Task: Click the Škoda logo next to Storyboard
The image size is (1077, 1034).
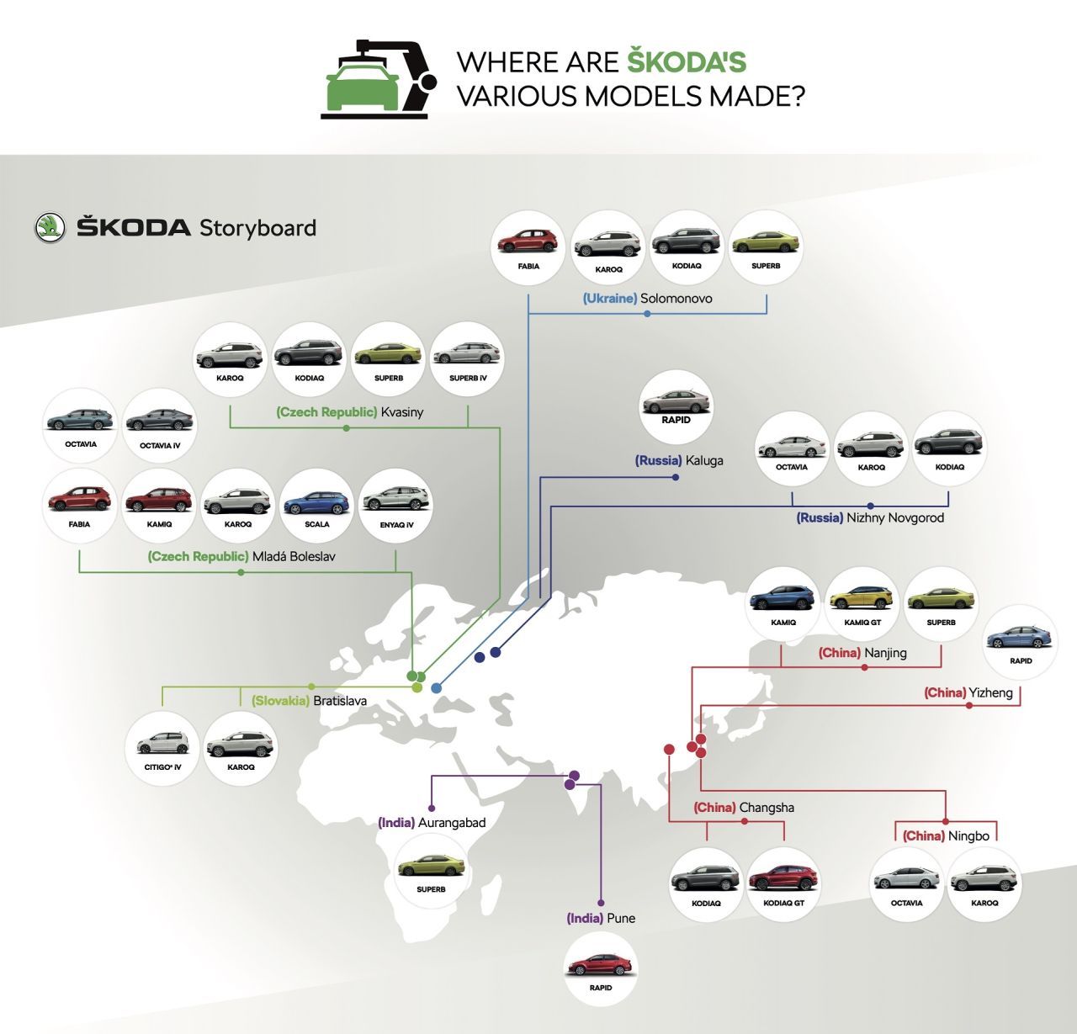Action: tap(50, 227)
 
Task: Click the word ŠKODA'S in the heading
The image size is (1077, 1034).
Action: tap(687, 61)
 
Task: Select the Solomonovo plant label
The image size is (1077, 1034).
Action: tap(648, 299)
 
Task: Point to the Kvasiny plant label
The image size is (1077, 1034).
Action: tap(350, 411)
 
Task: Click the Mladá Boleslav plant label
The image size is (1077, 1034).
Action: tap(241, 556)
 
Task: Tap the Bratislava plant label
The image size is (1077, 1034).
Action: tap(309, 701)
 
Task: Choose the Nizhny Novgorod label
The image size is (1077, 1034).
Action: tap(870, 517)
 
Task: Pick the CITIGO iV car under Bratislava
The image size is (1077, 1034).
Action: tap(162, 742)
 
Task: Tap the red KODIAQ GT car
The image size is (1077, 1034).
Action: tap(783, 878)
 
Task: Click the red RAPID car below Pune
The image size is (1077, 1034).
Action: tap(600, 966)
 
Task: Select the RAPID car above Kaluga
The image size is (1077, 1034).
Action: tap(676, 402)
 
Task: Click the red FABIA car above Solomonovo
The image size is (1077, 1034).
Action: tap(528, 241)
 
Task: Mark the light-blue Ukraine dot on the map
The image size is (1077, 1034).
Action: tap(436, 688)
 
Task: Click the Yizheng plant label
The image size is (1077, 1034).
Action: tap(968, 692)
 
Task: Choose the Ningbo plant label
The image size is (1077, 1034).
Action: tap(946, 835)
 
